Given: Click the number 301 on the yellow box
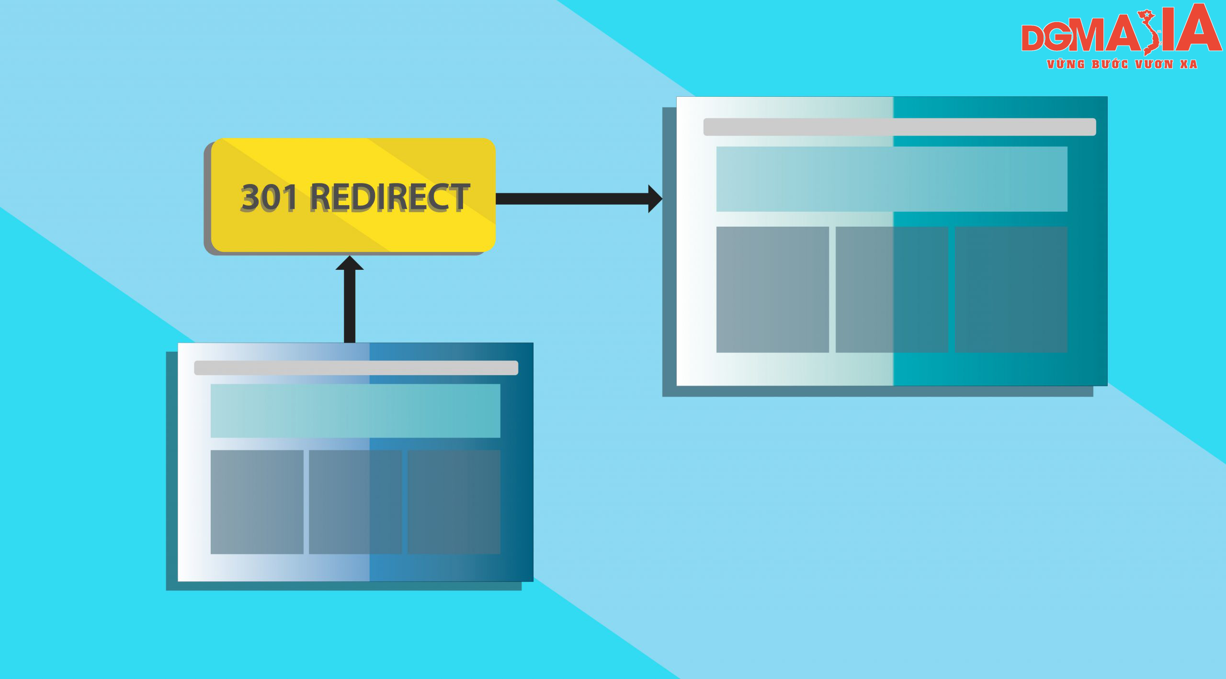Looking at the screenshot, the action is point(269,197).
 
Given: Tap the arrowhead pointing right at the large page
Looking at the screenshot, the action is point(655,198).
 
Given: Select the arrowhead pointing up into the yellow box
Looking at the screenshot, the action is point(350,263).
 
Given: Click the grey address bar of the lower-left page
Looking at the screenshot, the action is point(356,368).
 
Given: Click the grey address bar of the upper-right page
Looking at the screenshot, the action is point(899,127).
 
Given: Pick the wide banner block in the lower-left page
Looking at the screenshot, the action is point(355,411).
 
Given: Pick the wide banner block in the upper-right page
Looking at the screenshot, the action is point(892,179).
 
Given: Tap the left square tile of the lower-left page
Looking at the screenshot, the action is point(257,502).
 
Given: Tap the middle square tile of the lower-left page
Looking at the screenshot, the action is point(355,502).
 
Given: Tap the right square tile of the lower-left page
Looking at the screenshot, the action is point(454,502).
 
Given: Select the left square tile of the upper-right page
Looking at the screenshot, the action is point(772,289).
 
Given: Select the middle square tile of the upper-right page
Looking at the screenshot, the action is point(892,289).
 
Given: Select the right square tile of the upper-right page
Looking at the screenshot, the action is point(1011,289).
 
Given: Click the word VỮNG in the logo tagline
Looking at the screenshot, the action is point(1066,64).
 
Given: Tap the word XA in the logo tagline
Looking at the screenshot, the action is point(1189,64).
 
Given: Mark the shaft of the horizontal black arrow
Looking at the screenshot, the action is point(572,198).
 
